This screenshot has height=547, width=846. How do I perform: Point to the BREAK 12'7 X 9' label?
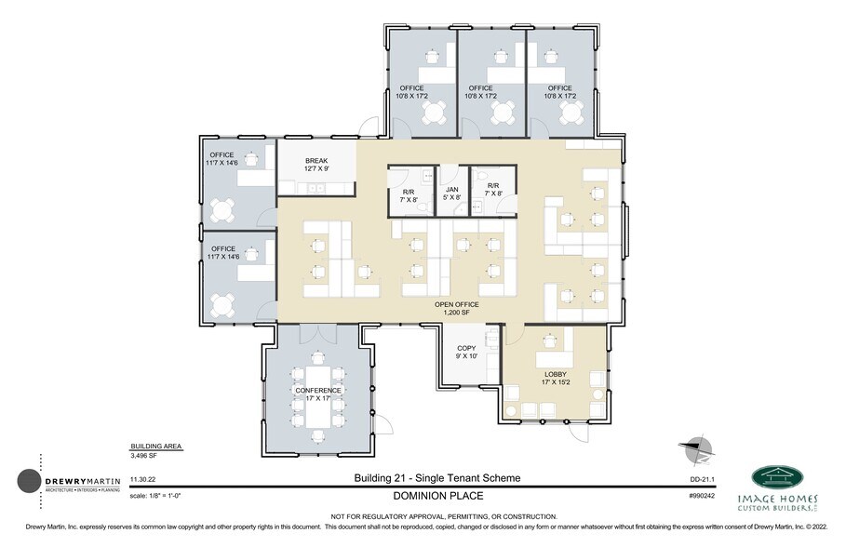tap(316, 166)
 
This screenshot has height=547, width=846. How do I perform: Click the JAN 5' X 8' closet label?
tap(452, 193)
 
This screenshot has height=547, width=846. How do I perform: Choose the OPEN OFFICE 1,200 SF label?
tap(457, 309)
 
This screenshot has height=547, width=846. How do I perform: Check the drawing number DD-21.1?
tap(703, 479)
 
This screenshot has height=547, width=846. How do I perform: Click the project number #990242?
tap(701, 497)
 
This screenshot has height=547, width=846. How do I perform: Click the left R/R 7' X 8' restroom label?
tap(408, 193)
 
